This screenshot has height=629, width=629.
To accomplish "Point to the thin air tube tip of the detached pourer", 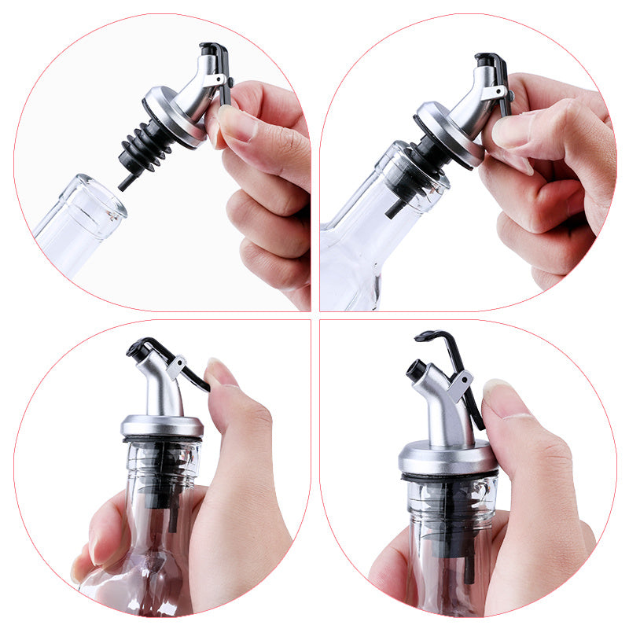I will [x=124, y=182].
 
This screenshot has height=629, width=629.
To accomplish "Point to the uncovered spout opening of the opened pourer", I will [x=414, y=368].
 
